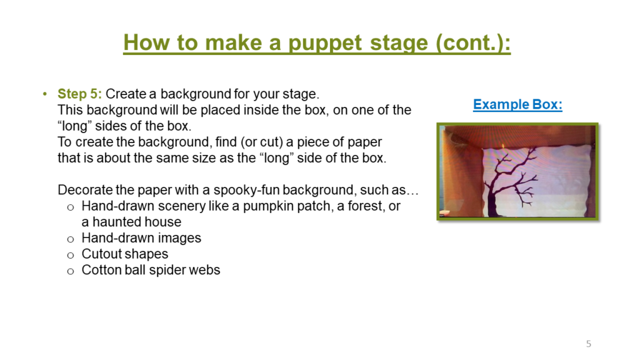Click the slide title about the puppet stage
pyautogui.click(x=317, y=42)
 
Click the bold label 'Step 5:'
pyautogui.click(x=79, y=94)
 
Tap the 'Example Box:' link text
pyautogui.click(x=517, y=104)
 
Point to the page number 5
pyautogui.click(x=588, y=344)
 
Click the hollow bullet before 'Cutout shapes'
pyautogui.click(x=71, y=255)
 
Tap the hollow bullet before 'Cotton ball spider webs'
pyautogui.click(x=71, y=271)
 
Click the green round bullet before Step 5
pyautogui.click(x=44, y=94)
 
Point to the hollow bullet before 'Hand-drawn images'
pyautogui.click(x=71, y=239)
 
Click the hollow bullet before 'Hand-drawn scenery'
pyautogui.click(x=71, y=206)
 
